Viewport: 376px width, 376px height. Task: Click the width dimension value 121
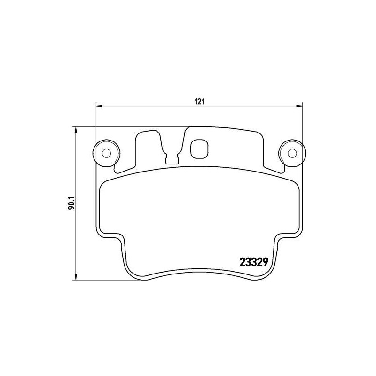199,101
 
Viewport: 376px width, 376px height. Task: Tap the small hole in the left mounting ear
106,153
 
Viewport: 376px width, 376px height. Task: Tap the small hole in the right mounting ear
292,153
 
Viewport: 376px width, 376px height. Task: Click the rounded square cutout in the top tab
199,149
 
